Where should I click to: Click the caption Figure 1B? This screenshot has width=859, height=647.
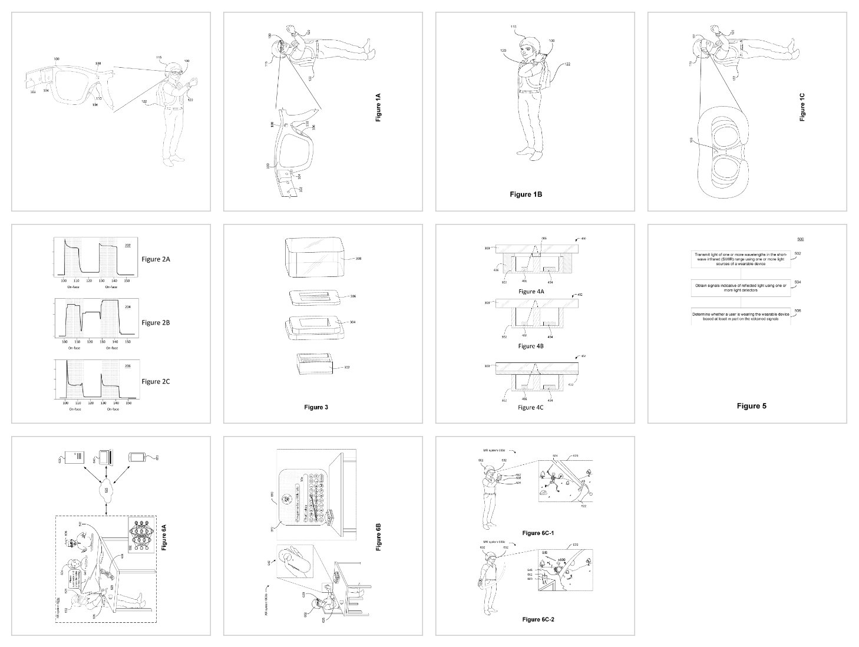(x=526, y=194)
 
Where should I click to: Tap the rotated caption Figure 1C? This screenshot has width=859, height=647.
(x=802, y=107)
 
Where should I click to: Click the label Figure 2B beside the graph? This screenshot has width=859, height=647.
(x=156, y=322)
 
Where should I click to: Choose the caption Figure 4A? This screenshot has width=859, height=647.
(x=531, y=292)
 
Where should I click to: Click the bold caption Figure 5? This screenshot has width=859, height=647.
(x=751, y=406)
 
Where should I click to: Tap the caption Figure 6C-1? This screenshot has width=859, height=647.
(x=538, y=533)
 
